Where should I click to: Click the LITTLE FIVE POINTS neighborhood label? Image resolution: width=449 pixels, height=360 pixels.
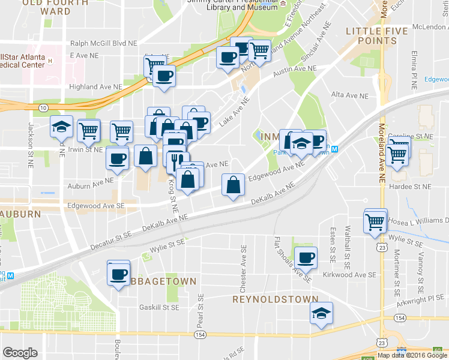click(372, 34)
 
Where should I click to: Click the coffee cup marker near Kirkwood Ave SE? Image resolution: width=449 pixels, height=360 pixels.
click(306, 257)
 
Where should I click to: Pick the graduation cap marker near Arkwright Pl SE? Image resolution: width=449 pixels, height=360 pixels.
click(321, 313)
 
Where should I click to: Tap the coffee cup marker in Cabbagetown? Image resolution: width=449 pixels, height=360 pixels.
click(118, 274)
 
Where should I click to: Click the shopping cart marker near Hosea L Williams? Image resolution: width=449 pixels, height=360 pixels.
click(375, 221)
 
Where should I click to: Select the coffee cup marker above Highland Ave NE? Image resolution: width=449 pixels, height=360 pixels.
click(163, 76)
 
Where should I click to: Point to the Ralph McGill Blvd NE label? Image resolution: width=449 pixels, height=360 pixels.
click(104, 43)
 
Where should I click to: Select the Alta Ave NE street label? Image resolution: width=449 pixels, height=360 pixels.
click(349, 95)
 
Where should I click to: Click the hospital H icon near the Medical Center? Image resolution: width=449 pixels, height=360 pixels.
click(51, 61)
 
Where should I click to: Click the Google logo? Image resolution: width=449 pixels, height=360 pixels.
click(20, 353)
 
